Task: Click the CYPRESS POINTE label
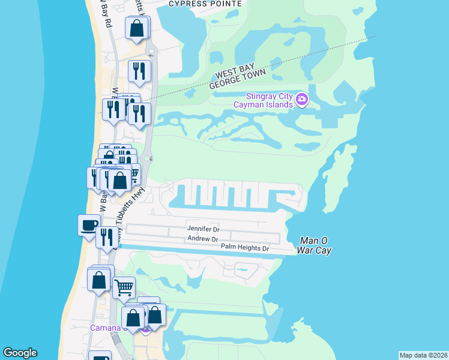tap(205, 4)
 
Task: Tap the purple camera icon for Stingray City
tap(302, 100)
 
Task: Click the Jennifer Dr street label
tap(203, 229)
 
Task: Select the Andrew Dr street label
tap(202, 239)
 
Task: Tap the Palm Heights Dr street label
tap(244, 247)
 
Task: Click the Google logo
tap(20, 353)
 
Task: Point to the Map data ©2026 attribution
tap(423, 355)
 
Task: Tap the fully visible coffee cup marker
tap(89, 225)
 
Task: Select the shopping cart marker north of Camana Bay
tap(124, 287)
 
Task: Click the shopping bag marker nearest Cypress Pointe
tap(137, 28)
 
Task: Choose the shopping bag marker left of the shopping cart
tap(98, 280)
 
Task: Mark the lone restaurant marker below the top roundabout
tap(139, 71)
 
